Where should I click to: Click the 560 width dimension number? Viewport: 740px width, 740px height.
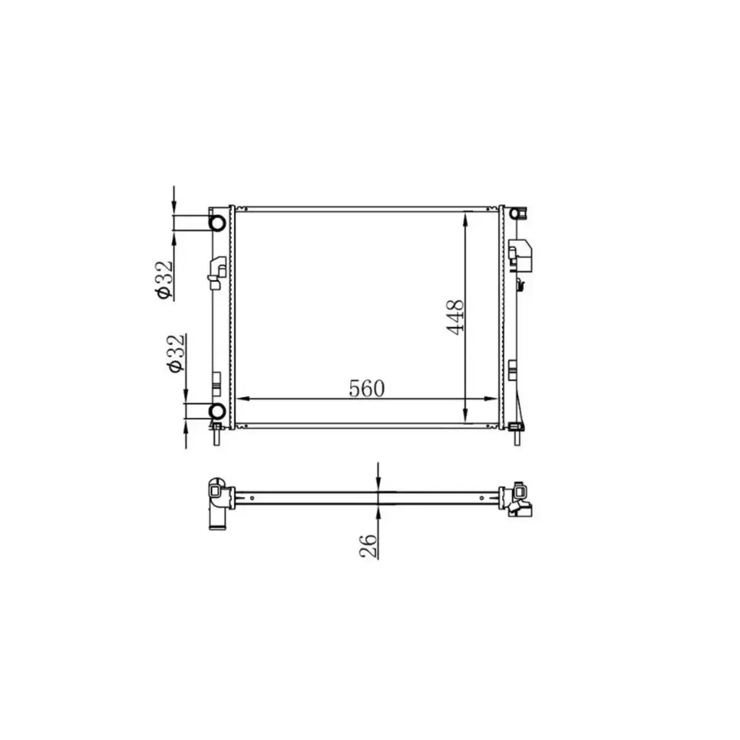pos(366,388)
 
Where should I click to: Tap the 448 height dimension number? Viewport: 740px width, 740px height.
pos(455,317)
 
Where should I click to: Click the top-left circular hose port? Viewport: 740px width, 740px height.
pos(217,223)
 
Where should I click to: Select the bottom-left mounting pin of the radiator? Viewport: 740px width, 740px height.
pos(217,436)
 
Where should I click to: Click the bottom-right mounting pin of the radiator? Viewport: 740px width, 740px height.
pos(516,436)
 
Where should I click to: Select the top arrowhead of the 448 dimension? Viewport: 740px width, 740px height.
pos(466,217)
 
